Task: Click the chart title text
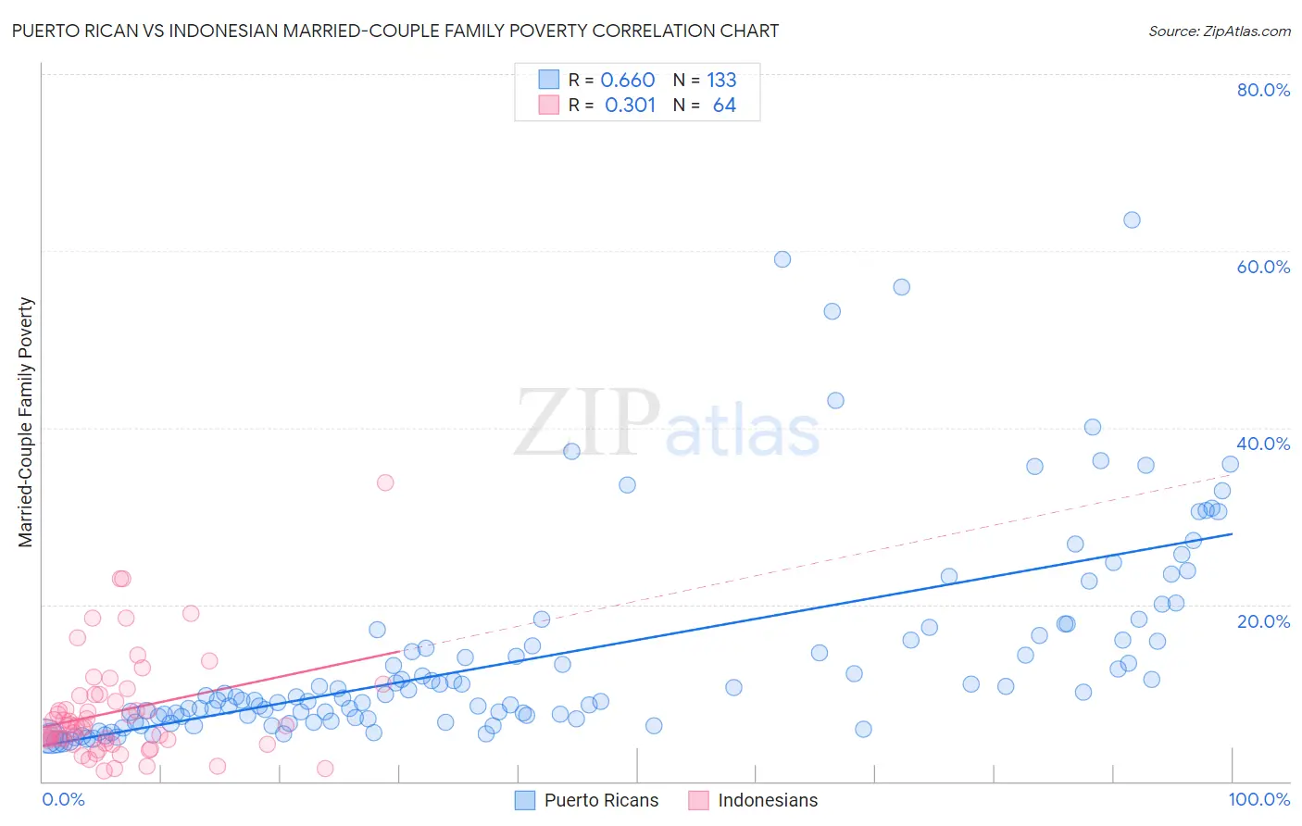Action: tap(395, 31)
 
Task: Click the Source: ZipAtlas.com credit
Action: tap(1219, 31)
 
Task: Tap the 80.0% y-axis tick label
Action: tap(1263, 90)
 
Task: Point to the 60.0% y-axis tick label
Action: tap(1263, 267)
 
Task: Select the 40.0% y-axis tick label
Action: tap(1263, 444)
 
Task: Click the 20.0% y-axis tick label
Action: tap(1263, 620)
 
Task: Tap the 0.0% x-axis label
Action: tap(63, 799)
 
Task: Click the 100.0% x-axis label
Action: tap(1258, 799)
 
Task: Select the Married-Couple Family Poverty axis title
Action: tap(26, 422)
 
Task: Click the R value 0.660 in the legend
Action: tap(627, 80)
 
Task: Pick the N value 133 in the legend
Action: tap(721, 80)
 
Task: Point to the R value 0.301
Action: tap(630, 105)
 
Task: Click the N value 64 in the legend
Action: tap(724, 105)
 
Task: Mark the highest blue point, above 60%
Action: tap(1132, 219)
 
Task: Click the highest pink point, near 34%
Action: tap(385, 482)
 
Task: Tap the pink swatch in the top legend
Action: tap(549, 105)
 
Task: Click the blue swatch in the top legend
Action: tap(549, 80)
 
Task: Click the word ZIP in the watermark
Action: tap(587, 423)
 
